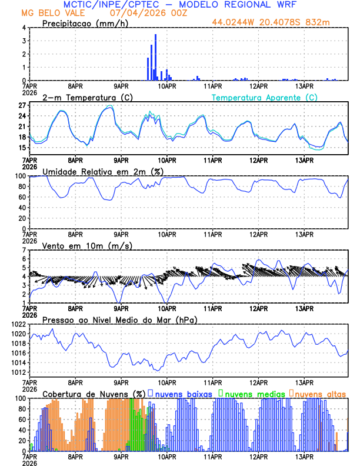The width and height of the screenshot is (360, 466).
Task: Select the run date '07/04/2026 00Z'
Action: click(147, 13)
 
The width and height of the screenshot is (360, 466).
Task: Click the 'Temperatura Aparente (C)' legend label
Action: click(265, 97)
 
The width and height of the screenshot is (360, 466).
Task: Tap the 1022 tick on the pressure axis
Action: click(18, 325)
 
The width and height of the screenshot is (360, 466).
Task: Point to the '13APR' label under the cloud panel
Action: click(304, 457)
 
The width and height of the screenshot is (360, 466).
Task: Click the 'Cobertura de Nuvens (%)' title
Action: click(94, 393)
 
